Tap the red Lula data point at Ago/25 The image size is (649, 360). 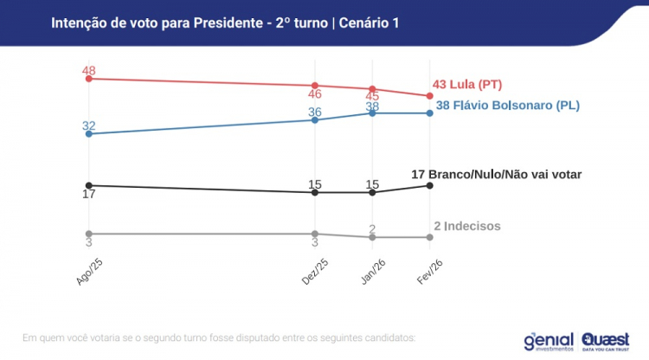tap(88, 79)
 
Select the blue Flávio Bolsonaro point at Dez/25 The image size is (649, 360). tap(315, 119)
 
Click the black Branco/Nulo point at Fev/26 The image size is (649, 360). tap(429, 185)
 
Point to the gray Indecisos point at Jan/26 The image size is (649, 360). tap(372, 237)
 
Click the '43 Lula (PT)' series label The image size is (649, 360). tap(468, 85)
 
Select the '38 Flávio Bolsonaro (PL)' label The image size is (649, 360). tap(507, 106)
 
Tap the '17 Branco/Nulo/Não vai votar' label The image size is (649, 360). tap(496, 174)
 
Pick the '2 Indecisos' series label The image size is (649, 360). tap(467, 226)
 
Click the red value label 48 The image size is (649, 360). tap(88, 69)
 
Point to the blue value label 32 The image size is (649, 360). tap(88, 125)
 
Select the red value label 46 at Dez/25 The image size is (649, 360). tap(315, 93)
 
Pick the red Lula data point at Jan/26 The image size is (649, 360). tap(372, 89)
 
